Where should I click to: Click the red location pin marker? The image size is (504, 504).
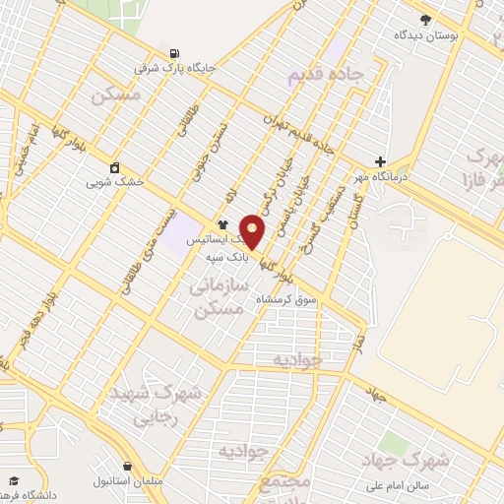click(x=253, y=230)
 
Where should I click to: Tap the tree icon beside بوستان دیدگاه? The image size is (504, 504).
click(x=425, y=20)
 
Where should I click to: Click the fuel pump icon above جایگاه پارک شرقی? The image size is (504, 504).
click(x=174, y=53)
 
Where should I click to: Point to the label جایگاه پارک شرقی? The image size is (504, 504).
click(x=175, y=70)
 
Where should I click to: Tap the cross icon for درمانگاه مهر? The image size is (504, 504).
click(x=380, y=162)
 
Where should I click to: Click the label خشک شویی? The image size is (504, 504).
click(x=115, y=182)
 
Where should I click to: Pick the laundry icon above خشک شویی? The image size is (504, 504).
click(x=115, y=166)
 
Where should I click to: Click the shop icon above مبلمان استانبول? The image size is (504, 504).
click(x=127, y=466)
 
